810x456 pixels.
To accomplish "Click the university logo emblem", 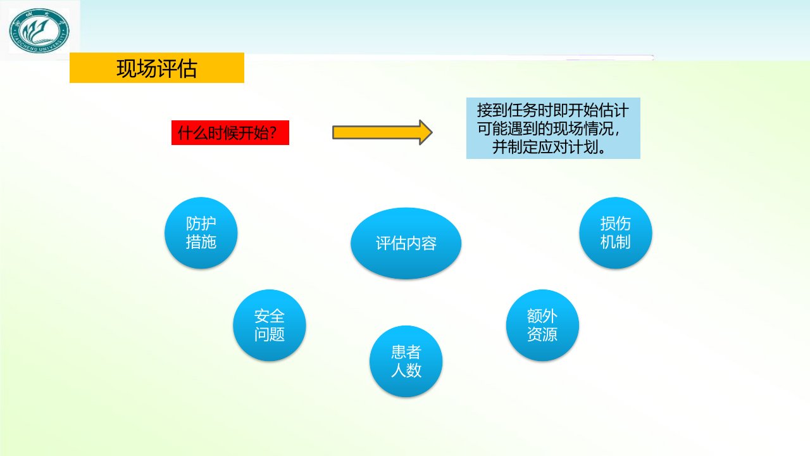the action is click(x=39, y=31).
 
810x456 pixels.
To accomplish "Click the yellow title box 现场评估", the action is click(x=156, y=68).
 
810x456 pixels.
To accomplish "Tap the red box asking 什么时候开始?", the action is click(x=230, y=133).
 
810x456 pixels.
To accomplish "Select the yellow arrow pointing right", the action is click(x=382, y=132).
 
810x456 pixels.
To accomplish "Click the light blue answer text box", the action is click(x=553, y=128).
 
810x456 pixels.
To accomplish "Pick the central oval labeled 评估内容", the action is click(x=406, y=243).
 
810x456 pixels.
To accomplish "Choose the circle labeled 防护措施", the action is click(x=201, y=232).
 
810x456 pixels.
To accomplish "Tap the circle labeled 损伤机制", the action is click(x=616, y=232).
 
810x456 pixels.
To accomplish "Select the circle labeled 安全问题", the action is click(x=270, y=325).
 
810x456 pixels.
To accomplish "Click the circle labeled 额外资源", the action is click(x=542, y=325).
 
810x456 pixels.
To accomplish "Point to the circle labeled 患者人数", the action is click(x=406, y=361).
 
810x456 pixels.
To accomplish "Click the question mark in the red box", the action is click(x=273, y=133).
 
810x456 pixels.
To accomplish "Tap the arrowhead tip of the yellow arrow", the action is click(x=432, y=132).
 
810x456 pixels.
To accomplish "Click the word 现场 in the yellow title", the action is click(x=136, y=68).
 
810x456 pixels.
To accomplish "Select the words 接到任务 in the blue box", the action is click(x=507, y=110).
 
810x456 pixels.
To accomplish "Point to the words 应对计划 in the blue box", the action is click(x=568, y=147).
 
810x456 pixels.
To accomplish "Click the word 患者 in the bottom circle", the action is click(x=406, y=351).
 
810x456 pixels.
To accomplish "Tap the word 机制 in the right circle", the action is click(x=616, y=242).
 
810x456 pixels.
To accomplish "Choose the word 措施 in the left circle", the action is click(x=201, y=242).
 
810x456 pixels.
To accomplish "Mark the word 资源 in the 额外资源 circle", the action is click(x=542, y=334).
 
